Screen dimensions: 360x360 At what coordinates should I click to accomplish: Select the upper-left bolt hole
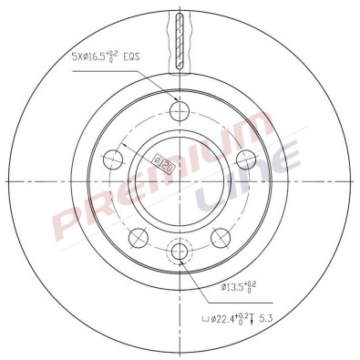(114, 160)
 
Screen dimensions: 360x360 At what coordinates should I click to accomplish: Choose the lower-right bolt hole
(221, 238)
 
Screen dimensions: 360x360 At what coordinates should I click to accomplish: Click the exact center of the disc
(180, 180)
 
